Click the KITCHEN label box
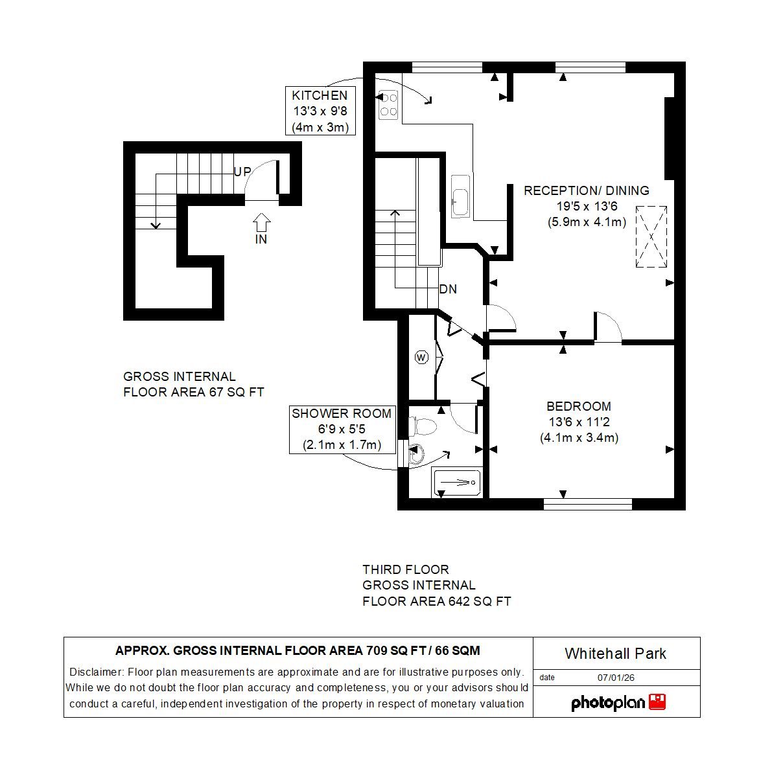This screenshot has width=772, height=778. click(x=320, y=111)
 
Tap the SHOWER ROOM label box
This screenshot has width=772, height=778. click(x=342, y=429)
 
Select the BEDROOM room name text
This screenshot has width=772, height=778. click(x=578, y=406)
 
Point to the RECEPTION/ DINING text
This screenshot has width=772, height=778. click(x=586, y=190)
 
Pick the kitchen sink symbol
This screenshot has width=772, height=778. click(x=461, y=196)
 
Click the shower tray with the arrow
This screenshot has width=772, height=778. click(x=456, y=483)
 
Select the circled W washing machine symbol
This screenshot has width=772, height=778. click(x=421, y=357)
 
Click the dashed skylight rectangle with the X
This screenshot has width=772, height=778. click(x=651, y=236)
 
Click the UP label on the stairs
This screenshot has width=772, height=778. click(x=242, y=172)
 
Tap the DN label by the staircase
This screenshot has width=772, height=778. click(x=448, y=289)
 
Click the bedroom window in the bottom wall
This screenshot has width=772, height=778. click(x=587, y=504)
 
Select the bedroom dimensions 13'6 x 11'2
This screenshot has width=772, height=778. click(x=579, y=422)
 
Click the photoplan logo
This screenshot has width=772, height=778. click(x=618, y=703)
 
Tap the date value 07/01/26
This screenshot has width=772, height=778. click(x=616, y=678)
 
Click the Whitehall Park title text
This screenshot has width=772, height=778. click(x=615, y=654)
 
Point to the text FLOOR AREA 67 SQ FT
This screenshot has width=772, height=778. click(x=193, y=392)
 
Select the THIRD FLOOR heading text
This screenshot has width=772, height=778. click(x=405, y=569)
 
